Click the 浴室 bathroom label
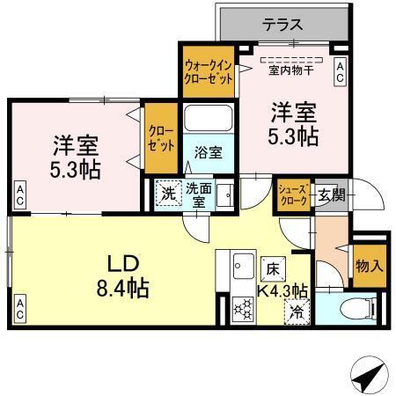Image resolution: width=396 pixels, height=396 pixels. [x=209, y=151]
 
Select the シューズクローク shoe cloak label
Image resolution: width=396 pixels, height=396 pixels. [x=294, y=194]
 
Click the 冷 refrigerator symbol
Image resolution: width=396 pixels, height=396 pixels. [x=298, y=310]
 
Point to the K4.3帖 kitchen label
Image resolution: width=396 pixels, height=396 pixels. [x=282, y=290]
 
